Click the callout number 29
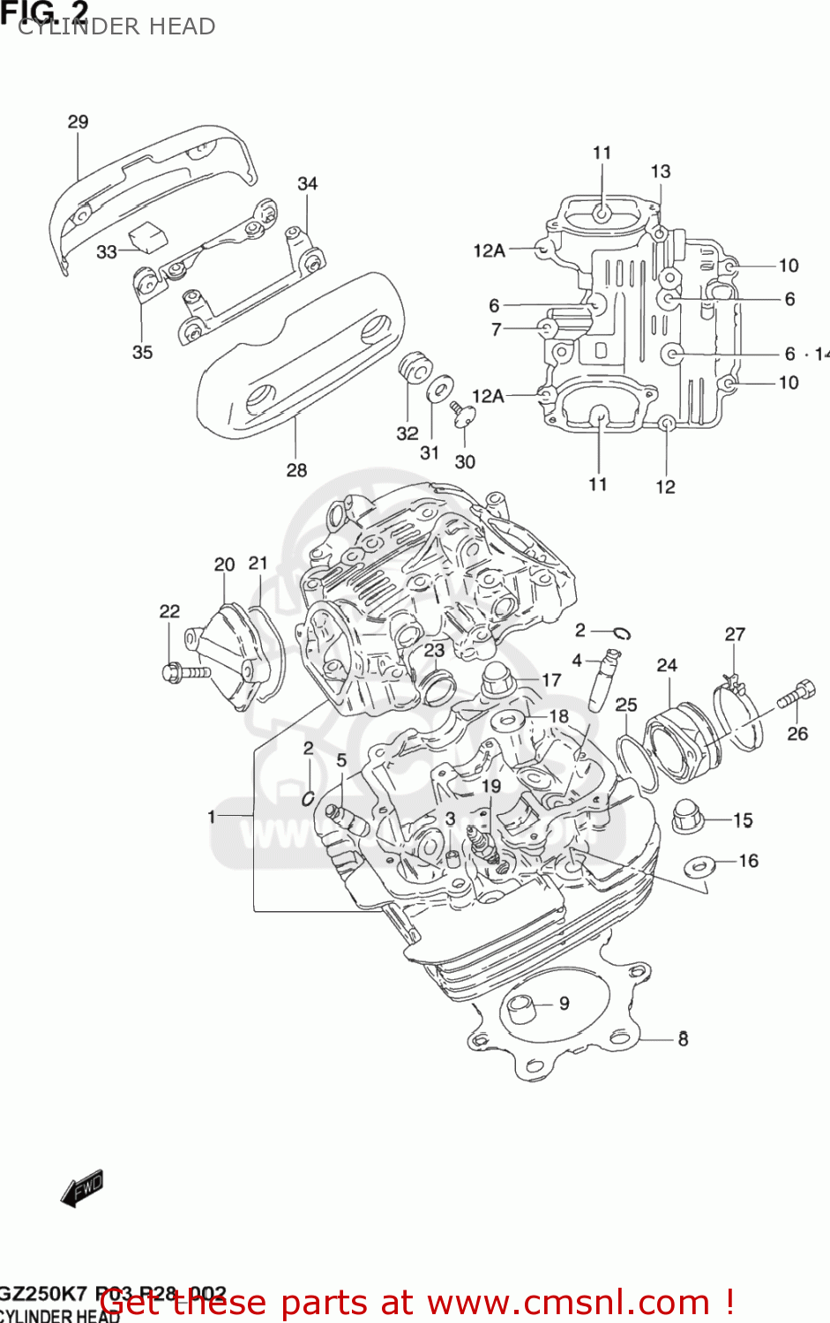78,122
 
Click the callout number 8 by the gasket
683,1039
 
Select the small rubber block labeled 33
146,234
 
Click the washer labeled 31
439,389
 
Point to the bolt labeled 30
460,415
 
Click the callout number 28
296,470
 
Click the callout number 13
660,171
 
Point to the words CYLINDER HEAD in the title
116,26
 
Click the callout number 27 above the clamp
735,634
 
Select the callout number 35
142,352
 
